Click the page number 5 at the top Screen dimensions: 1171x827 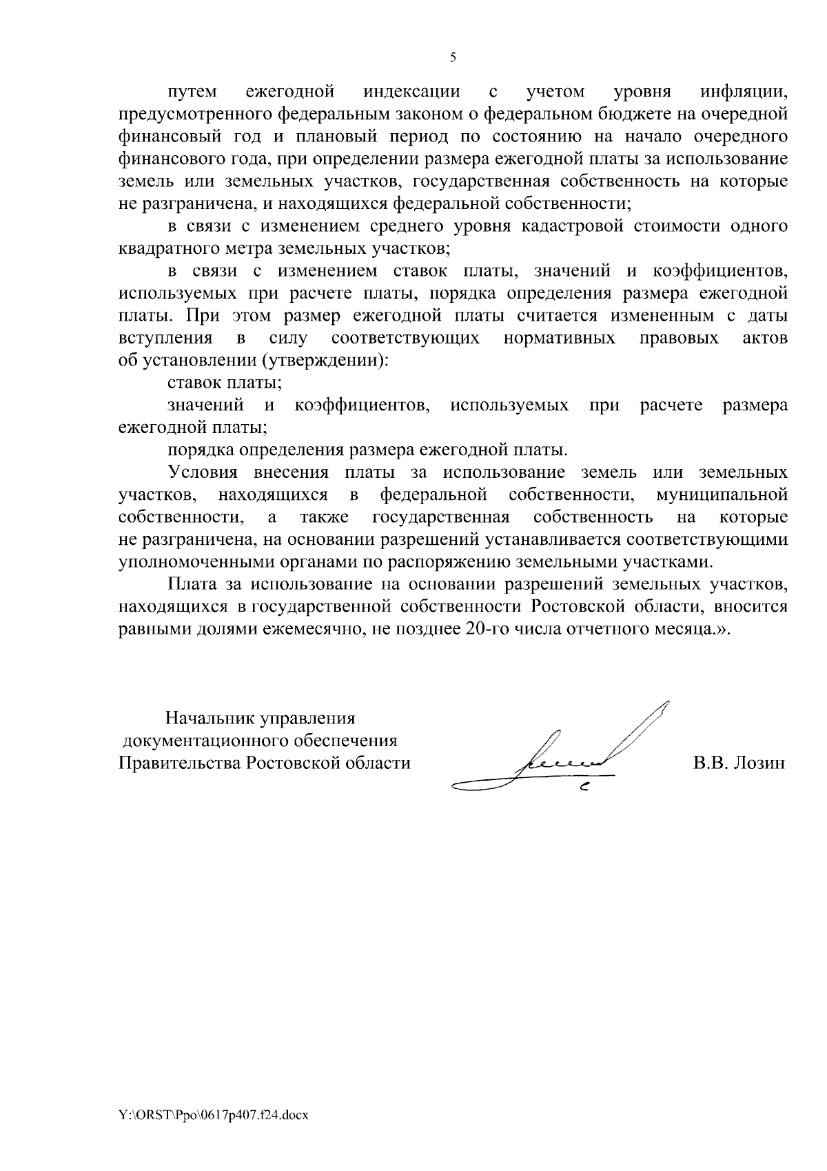pos(453,58)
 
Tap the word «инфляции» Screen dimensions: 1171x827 pos(744,92)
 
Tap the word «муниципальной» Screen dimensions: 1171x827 pos(722,495)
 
